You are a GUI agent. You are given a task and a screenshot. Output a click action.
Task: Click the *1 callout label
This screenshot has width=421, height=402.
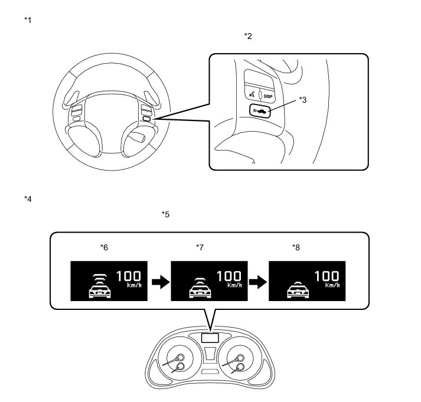point(28,21)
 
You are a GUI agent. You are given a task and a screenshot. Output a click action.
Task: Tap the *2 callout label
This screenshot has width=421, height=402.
point(248,37)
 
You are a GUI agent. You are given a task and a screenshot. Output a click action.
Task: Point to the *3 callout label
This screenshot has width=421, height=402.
point(303,100)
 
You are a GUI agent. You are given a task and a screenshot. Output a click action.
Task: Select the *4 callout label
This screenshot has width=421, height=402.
point(28,198)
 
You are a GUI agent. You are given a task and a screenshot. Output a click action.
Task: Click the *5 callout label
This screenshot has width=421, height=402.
point(165,214)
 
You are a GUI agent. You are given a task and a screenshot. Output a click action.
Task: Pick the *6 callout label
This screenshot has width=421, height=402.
point(103,247)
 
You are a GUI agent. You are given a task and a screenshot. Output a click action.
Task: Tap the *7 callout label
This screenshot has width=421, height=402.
point(200,247)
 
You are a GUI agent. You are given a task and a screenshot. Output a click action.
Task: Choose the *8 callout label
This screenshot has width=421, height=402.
point(296,247)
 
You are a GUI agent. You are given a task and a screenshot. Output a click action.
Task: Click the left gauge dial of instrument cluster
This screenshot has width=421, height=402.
point(177,361)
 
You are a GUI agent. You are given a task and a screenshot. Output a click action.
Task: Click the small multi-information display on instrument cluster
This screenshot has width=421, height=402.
point(210,338)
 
